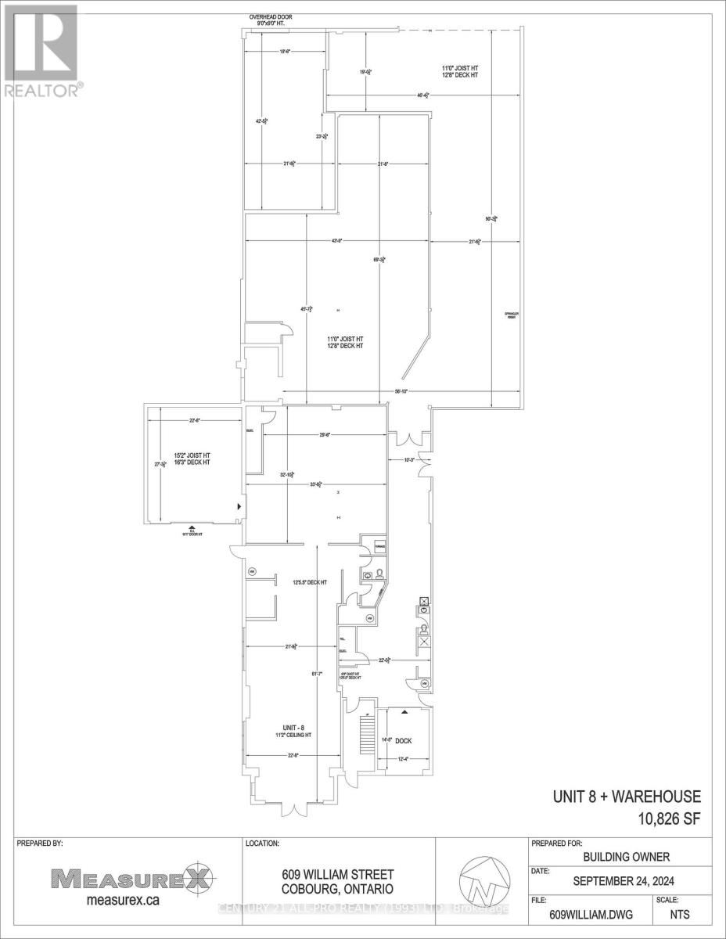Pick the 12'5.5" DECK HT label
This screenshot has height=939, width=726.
[x=306, y=581]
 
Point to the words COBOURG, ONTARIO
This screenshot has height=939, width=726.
[x=337, y=889]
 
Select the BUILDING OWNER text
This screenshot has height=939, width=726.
[x=620, y=858]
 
